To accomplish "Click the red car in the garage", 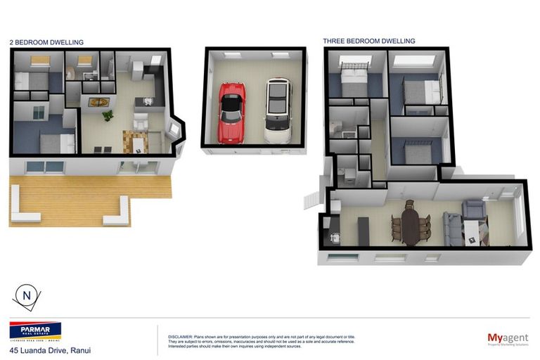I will coord(231,112).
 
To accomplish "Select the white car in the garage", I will coord(278,111).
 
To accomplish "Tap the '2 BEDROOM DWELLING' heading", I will coord(46,42).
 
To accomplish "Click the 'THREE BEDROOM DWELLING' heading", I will coord(368,41).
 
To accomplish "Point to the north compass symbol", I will coord(27,297).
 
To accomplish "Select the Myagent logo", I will coord(508,339).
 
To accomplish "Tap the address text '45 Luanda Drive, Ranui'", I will coord(50,350).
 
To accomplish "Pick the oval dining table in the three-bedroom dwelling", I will coord(411,223).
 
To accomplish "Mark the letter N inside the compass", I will coord(27,296).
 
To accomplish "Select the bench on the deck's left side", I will coord(23,212).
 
